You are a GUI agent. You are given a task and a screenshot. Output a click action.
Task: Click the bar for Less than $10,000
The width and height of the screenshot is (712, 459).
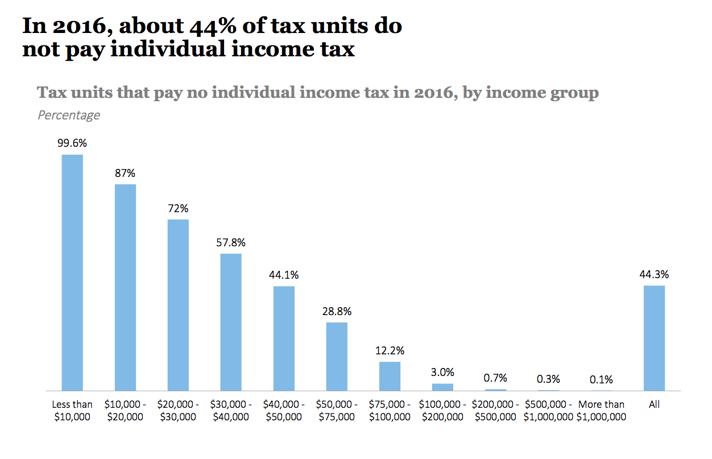pyautogui.click(x=72, y=272)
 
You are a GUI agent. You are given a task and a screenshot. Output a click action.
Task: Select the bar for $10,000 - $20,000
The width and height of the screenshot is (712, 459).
pyautogui.click(x=125, y=287)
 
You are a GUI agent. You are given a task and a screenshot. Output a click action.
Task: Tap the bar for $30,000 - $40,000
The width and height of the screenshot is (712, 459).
pyautogui.click(x=231, y=322)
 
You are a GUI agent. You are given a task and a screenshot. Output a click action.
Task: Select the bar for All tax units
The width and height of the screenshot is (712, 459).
pyautogui.click(x=654, y=338)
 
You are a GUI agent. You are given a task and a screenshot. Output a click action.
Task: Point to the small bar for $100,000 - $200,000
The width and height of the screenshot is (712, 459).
pyautogui.click(x=442, y=387)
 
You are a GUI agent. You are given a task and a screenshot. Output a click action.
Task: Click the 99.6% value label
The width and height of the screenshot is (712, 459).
pyautogui.click(x=72, y=143)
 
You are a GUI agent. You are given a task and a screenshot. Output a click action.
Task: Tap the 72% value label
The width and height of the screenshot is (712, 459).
pyautogui.click(x=178, y=208)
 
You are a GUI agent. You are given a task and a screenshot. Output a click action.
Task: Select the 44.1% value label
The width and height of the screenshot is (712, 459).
pyautogui.click(x=284, y=275)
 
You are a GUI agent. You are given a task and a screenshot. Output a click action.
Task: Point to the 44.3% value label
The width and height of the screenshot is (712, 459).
pyautogui.click(x=654, y=274)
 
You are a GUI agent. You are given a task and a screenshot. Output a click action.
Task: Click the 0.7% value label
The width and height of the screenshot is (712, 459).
pyautogui.click(x=495, y=378)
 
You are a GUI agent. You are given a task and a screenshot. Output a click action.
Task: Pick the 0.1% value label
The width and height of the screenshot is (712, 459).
pyautogui.click(x=601, y=379)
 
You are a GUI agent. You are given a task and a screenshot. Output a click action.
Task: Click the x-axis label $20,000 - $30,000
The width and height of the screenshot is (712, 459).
pyautogui.click(x=178, y=411)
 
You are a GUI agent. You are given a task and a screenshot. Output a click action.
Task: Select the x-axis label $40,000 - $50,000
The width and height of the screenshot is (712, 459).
pyautogui.click(x=284, y=411)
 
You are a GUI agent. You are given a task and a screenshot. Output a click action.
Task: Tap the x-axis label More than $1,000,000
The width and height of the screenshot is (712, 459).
pyautogui.click(x=601, y=411)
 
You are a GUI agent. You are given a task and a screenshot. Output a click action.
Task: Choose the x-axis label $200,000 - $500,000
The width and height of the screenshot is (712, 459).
pyautogui.click(x=495, y=411)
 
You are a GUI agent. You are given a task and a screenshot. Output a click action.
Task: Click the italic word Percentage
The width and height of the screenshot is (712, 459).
pyautogui.click(x=69, y=115)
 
